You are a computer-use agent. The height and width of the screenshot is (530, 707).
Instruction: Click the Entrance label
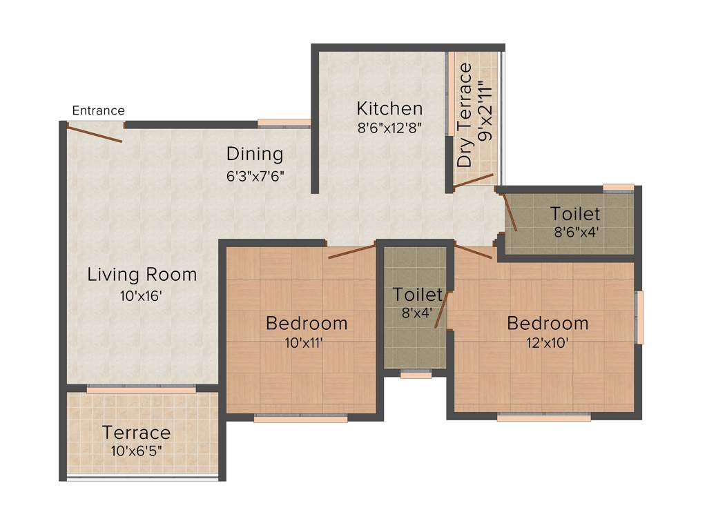point(98,110)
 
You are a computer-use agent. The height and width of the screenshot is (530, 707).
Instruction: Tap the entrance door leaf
point(95,132)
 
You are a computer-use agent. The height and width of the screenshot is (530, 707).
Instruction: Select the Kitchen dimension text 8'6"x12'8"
point(389,128)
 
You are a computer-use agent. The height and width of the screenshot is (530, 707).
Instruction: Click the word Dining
point(255,153)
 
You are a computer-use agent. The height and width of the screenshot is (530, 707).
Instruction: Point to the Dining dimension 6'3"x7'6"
point(255,176)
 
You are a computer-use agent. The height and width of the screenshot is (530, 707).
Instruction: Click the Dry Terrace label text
point(466,115)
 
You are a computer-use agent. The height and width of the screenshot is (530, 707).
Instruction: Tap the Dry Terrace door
point(473,181)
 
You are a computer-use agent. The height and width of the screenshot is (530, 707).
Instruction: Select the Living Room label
point(142,275)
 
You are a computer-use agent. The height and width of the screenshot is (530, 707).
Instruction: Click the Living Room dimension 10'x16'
point(142,297)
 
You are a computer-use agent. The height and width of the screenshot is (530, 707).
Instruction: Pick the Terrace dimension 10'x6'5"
point(136,452)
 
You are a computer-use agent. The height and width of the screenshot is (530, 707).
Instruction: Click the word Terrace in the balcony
point(136,433)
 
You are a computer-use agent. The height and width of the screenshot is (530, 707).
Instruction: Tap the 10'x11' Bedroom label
point(307,323)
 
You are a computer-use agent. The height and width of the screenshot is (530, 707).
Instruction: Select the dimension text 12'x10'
point(548,343)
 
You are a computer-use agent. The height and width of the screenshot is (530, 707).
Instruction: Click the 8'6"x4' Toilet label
point(574,214)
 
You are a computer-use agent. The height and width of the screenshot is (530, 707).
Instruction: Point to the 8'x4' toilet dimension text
point(417,312)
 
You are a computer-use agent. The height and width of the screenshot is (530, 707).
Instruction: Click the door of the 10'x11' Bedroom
point(351,251)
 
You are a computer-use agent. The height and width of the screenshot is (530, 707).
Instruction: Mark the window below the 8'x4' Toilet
point(416,375)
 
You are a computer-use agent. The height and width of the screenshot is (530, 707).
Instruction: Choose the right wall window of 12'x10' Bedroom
point(640,317)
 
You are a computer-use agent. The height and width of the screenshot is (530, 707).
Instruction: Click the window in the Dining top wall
point(284,124)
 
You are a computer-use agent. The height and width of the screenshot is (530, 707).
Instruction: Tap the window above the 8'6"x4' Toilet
point(618,187)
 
